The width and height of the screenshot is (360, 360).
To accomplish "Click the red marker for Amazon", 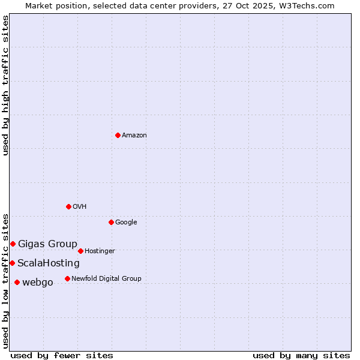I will point(118,135).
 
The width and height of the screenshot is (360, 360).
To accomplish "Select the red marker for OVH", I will point(68,206).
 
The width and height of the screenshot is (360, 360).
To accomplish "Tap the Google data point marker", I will point(111,222).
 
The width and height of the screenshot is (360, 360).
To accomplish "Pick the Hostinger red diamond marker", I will point(80,251).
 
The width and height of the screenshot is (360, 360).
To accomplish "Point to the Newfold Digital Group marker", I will point(67,278).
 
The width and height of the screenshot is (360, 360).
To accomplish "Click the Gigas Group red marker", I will point(13,244).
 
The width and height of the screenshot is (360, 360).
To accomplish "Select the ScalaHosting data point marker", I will point(12,263).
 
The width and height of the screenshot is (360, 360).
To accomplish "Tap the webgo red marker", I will point(17,282).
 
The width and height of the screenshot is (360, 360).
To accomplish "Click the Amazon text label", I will point(134,136).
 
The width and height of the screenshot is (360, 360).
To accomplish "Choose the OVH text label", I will point(80,207).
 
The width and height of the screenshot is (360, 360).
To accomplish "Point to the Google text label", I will point(126,223).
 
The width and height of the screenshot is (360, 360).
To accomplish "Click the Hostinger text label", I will point(100,251).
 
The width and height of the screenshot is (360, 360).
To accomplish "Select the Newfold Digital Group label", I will point(106,279).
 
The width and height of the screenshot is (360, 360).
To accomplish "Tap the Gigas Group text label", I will point(47,244).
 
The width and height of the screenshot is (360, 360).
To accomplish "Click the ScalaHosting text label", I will point(48,263).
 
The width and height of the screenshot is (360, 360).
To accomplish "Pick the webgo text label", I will point(37,283).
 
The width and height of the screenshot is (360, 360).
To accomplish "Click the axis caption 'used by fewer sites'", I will point(62,355).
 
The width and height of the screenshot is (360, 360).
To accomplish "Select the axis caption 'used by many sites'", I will point(301,355).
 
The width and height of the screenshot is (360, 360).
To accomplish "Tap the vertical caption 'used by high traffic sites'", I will point(5,85).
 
